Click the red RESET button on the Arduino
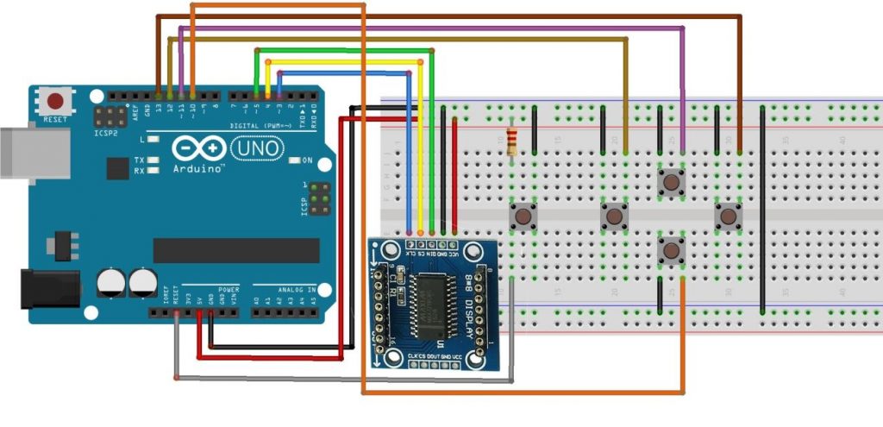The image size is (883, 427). click(58, 101)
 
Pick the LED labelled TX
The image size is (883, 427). click(153, 160)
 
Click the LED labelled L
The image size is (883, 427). click(153, 139)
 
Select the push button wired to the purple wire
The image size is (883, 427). click(670, 181)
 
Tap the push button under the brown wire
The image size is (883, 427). click(728, 216)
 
